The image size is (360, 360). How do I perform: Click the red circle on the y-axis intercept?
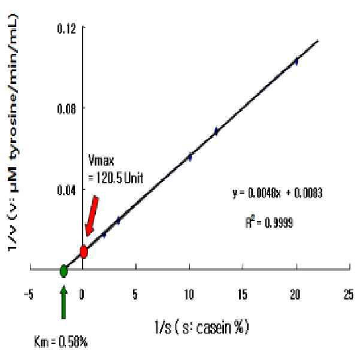click(x=84, y=252)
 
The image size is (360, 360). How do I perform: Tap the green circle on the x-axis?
click(x=63, y=271)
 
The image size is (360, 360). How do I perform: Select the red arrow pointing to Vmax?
click(x=92, y=216)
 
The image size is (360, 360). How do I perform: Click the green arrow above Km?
click(x=63, y=302)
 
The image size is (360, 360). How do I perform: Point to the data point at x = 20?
click(x=297, y=61)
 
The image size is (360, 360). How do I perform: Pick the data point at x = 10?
click(x=190, y=157)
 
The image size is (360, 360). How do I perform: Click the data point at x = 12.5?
click(x=216, y=131)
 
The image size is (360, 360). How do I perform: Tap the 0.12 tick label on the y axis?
click(x=66, y=29)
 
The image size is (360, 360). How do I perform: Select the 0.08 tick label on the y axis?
click(x=66, y=109)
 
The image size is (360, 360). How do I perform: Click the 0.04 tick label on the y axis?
click(x=66, y=190)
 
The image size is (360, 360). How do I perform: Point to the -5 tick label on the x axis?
click(x=29, y=294)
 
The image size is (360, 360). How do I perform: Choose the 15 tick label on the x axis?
click(x=243, y=294)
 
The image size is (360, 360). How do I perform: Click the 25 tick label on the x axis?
click(x=349, y=294)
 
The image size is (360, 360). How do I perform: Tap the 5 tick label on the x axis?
click(x=135, y=294)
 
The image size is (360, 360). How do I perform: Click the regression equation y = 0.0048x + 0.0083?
click(x=277, y=193)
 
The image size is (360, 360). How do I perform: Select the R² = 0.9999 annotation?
click(x=269, y=222)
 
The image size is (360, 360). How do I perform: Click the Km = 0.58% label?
click(x=61, y=342)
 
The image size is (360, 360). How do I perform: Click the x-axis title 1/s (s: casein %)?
click(x=202, y=327)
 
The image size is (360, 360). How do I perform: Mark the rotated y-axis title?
click(x=13, y=133)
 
